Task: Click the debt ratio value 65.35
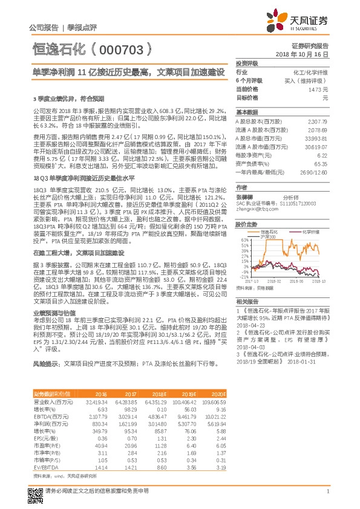tap(321, 164)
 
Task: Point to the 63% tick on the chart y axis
tap(240, 239)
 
